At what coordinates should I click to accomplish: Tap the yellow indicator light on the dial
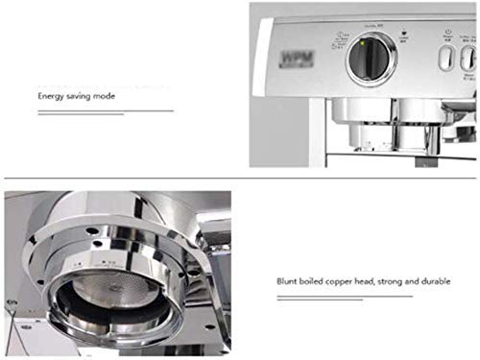362,42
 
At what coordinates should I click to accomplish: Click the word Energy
53,96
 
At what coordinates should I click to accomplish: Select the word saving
84,96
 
